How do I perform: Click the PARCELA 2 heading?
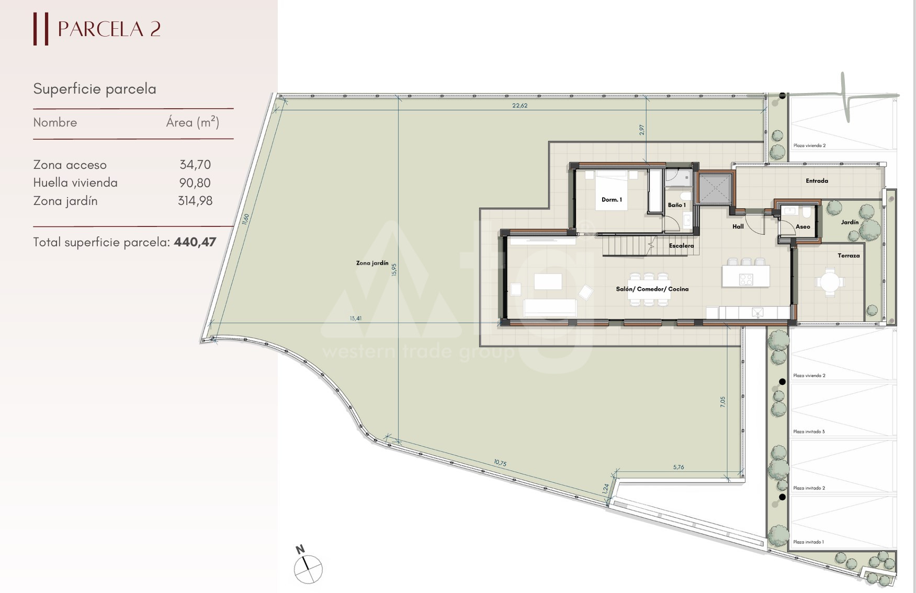pos(109,29)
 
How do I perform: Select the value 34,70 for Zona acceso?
pos(195,165)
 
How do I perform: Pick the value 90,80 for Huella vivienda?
pos(195,183)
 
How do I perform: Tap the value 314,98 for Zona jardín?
pos(195,201)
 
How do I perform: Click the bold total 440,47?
pos(195,242)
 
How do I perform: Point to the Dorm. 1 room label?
pos(612,200)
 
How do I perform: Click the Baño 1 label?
pos(676,205)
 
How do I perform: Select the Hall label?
pos(738,226)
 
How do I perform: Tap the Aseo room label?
pos(802,227)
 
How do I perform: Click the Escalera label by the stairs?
pos(681,246)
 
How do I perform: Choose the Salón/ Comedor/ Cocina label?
pos(652,289)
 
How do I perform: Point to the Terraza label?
pos(849,256)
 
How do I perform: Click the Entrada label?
pos(817,181)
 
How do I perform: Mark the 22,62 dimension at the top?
pos(519,106)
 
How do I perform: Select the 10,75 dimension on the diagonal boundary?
pos(500,463)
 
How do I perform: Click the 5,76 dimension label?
pos(678,467)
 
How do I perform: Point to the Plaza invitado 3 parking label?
pos(809,432)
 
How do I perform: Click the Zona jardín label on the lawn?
pos(372,263)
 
